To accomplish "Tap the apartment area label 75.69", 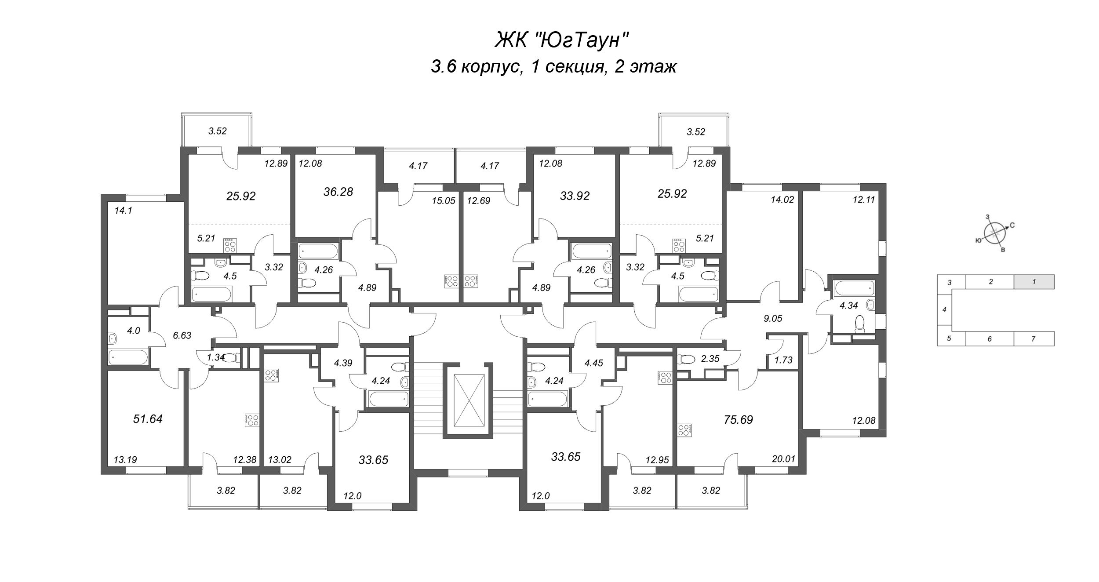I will point(738,420).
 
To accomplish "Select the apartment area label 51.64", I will point(148,419).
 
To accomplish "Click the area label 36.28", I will point(338,192).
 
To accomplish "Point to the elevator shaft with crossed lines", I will point(471,400).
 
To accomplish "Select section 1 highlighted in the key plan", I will point(1034,282).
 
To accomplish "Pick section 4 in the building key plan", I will point(944,309).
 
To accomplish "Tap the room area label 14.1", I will point(123,211).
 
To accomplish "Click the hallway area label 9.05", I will point(773,319).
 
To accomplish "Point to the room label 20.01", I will point(783,459).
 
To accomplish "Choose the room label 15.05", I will point(443,201).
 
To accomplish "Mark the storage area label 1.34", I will point(216,357).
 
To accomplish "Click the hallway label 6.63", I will point(182,335).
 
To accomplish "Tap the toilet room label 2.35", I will point(710,359).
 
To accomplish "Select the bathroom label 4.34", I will point(848,306).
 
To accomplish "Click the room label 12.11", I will point(864,200).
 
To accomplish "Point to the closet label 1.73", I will point(783,360).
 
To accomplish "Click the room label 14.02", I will point(782,200).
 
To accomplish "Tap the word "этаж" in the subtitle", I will point(653,67).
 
